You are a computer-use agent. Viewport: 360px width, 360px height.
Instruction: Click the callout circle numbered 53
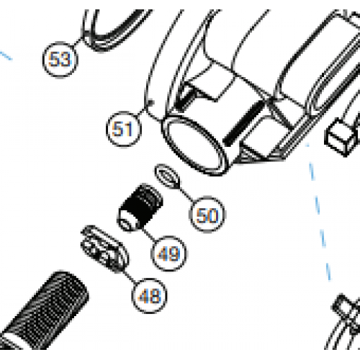60,59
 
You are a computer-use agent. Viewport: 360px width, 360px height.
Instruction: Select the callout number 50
207,214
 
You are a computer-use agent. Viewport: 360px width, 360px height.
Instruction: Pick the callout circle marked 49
168,253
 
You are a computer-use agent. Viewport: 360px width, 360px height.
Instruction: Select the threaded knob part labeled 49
140,204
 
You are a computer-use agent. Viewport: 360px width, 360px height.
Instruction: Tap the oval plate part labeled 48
104,249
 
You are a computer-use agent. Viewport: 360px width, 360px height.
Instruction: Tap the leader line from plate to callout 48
128,274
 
